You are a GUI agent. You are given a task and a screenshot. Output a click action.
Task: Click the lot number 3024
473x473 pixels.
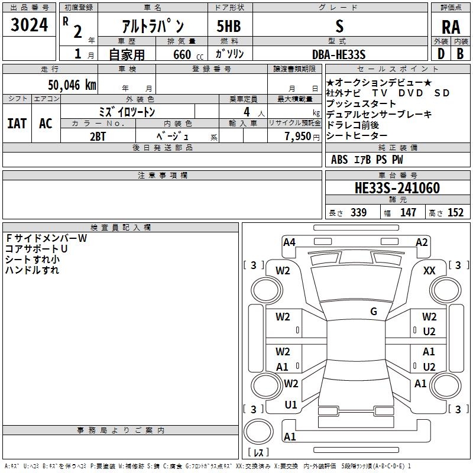[x=30, y=26]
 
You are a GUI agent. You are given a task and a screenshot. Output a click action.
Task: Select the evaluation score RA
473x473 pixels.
[x=451, y=27]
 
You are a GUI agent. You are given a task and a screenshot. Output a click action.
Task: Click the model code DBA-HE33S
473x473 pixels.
[x=339, y=54]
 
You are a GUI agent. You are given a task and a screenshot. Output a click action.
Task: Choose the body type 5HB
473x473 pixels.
[x=229, y=26]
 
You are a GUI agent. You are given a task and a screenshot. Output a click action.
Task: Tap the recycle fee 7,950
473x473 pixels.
[x=300, y=136]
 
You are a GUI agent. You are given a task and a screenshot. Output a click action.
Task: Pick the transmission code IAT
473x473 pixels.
[x=17, y=123]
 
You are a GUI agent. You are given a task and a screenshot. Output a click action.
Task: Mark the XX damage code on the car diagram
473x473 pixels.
[x=430, y=270]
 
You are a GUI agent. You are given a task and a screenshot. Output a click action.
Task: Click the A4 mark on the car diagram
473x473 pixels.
[x=289, y=242]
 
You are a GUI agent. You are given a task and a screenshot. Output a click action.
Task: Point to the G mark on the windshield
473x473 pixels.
[x=374, y=312]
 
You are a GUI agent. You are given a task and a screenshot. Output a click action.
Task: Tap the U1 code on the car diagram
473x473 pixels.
[x=291, y=405]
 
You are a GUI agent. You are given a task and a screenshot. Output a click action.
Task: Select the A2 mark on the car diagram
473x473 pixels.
[x=422, y=242]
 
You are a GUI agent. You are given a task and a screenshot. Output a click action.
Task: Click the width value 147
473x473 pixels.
[x=408, y=212]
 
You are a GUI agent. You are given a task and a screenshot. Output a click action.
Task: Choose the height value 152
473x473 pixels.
[x=455, y=212]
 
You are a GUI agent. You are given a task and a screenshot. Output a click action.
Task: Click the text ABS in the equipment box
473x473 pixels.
[x=339, y=160]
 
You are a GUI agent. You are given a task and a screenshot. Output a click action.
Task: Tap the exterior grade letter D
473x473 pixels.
[x=440, y=54]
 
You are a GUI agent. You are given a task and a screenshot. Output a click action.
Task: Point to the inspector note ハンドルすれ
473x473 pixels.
[x=33, y=270]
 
